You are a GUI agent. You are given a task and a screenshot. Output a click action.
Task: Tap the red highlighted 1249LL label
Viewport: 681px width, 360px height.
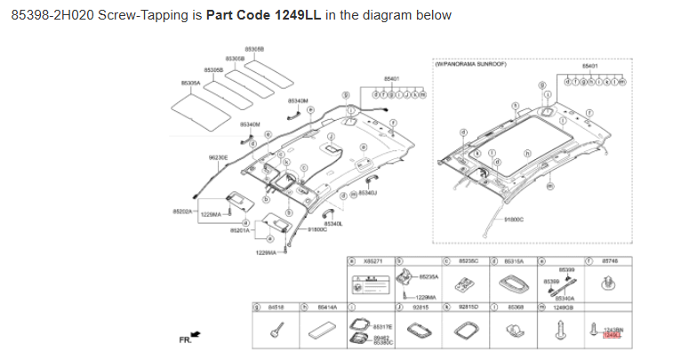612,335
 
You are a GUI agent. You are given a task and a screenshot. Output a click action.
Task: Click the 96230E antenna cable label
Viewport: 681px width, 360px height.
219,156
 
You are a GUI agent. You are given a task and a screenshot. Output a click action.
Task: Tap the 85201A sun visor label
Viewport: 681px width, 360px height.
240,230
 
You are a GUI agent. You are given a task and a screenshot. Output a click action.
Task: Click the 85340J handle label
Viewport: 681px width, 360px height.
367,193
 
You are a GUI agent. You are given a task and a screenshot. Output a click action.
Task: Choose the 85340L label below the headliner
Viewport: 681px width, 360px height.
333,223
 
